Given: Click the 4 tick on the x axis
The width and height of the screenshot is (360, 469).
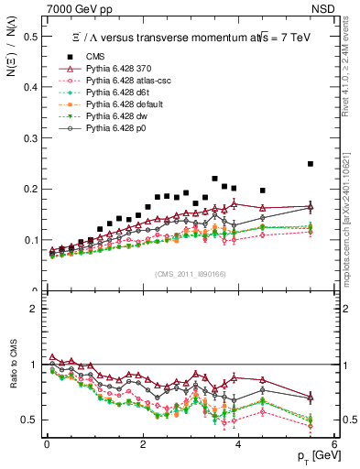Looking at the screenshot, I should pos(238,445).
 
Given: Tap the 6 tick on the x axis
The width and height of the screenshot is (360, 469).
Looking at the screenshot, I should pos(333,445).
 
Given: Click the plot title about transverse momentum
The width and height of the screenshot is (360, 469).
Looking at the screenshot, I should pos(174,37).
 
